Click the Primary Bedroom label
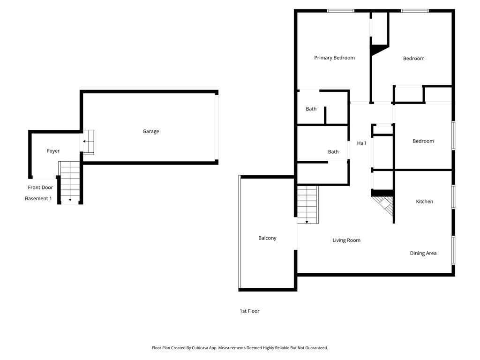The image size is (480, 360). click(x=334, y=58)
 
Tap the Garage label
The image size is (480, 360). click(x=150, y=131)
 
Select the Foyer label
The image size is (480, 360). click(x=53, y=151)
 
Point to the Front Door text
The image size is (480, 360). click(x=40, y=187)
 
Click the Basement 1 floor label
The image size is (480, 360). click(x=38, y=198)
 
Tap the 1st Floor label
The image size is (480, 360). click(x=249, y=311)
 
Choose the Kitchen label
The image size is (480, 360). click(x=424, y=202)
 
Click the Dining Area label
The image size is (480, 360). click(x=423, y=253)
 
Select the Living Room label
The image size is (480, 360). click(x=346, y=240)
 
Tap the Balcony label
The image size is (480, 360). click(x=267, y=238)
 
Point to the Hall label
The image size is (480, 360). click(x=361, y=143)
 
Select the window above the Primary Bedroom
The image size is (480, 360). click(x=340, y=10)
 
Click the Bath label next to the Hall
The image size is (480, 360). click(x=333, y=152)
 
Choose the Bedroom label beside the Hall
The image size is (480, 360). click(x=423, y=141)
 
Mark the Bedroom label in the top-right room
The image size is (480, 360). click(x=413, y=59)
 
